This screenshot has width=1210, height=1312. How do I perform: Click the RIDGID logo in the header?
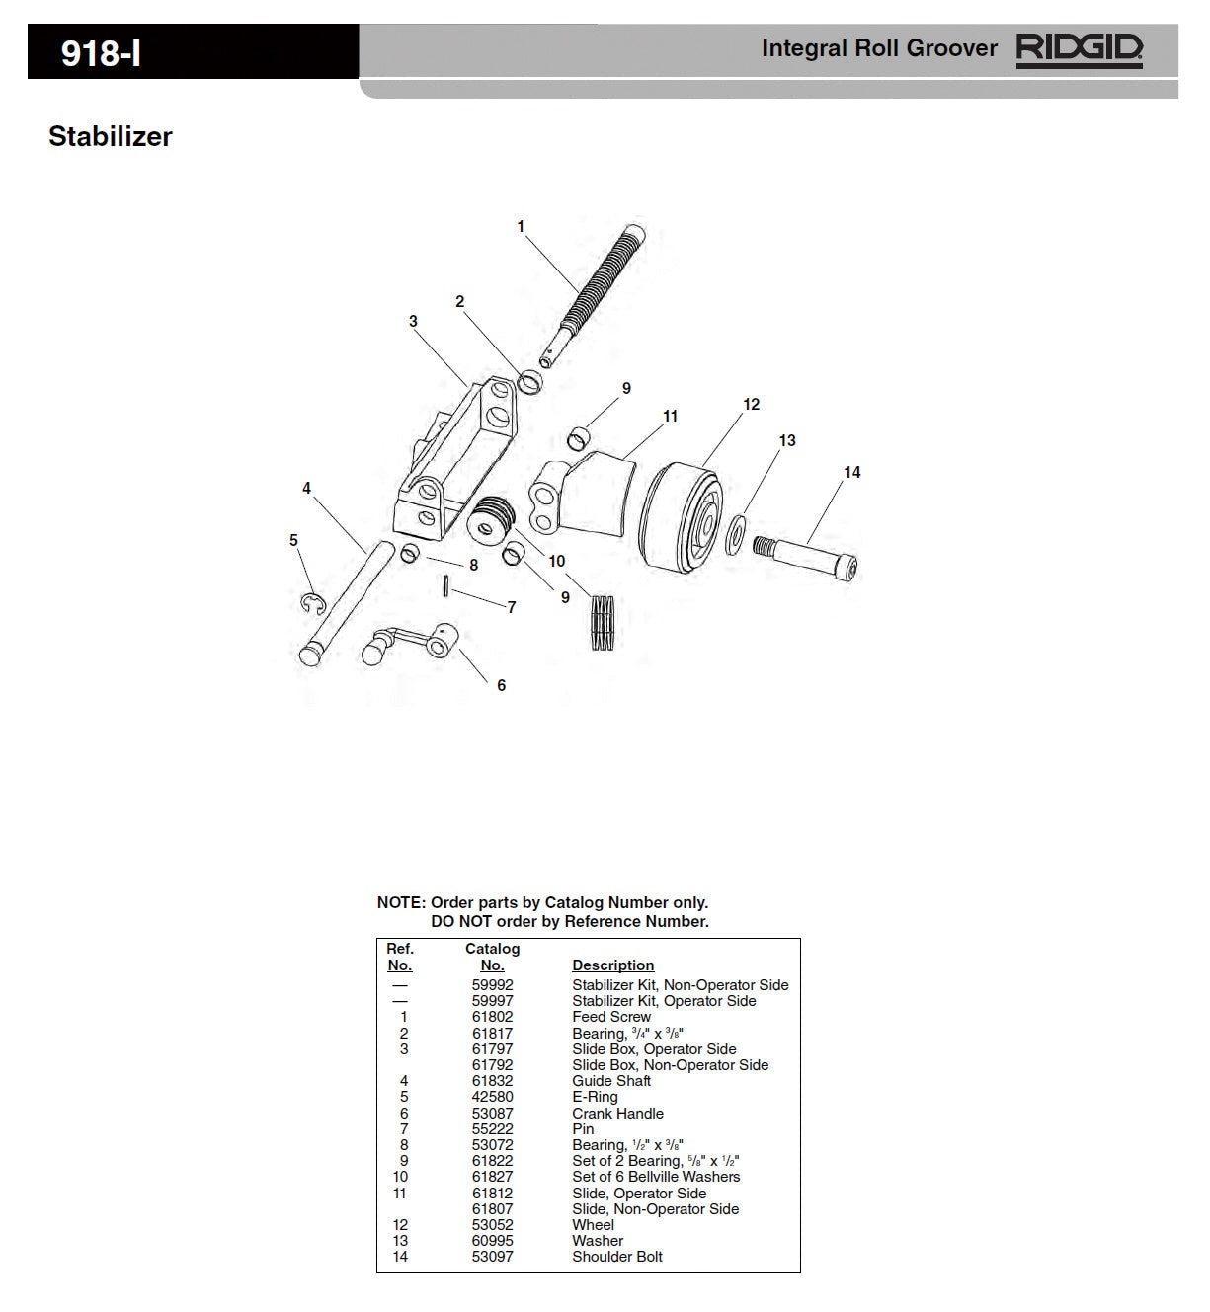[x=1079, y=48]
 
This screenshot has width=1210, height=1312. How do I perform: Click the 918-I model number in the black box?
[x=101, y=53]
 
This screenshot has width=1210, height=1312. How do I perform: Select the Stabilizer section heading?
[x=111, y=136]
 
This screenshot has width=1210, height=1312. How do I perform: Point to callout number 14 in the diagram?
[x=851, y=473]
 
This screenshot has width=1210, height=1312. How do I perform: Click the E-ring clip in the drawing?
[x=312, y=603]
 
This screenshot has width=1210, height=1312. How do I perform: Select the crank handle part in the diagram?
[x=410, y=644]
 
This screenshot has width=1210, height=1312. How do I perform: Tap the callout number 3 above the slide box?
[x=413, y=321]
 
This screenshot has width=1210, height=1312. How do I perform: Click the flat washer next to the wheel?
[x=736, y=534]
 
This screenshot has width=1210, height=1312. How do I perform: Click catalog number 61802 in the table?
[x=492, y=1017]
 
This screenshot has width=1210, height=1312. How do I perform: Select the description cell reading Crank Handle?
[x=617, y=1114]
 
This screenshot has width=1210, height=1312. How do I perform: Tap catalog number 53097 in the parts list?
[x=492, y=1257]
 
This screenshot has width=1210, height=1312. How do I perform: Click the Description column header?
[x=612, y=965]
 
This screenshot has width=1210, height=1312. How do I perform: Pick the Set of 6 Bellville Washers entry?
[x=656, y=1177]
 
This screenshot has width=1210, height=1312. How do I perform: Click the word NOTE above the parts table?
[x=400, y=902]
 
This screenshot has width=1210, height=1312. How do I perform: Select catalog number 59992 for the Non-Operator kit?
[x=492, y=985]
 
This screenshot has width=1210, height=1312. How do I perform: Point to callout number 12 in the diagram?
[x=751, y=404]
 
